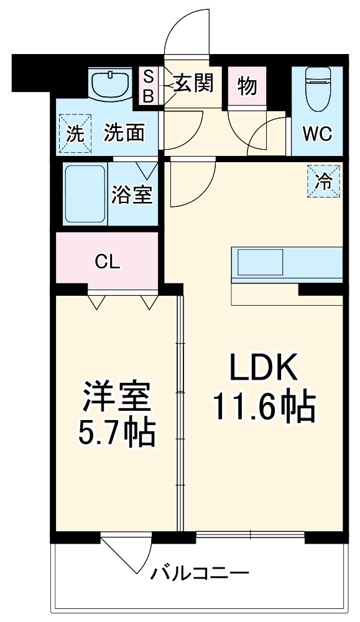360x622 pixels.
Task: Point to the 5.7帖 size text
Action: click(117, 433)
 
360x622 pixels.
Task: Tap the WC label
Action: click(317, 134)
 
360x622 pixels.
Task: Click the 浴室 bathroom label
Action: click(132, 195)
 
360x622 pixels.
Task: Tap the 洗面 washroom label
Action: click(124, 133)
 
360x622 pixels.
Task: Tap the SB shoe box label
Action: click(149, 86)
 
